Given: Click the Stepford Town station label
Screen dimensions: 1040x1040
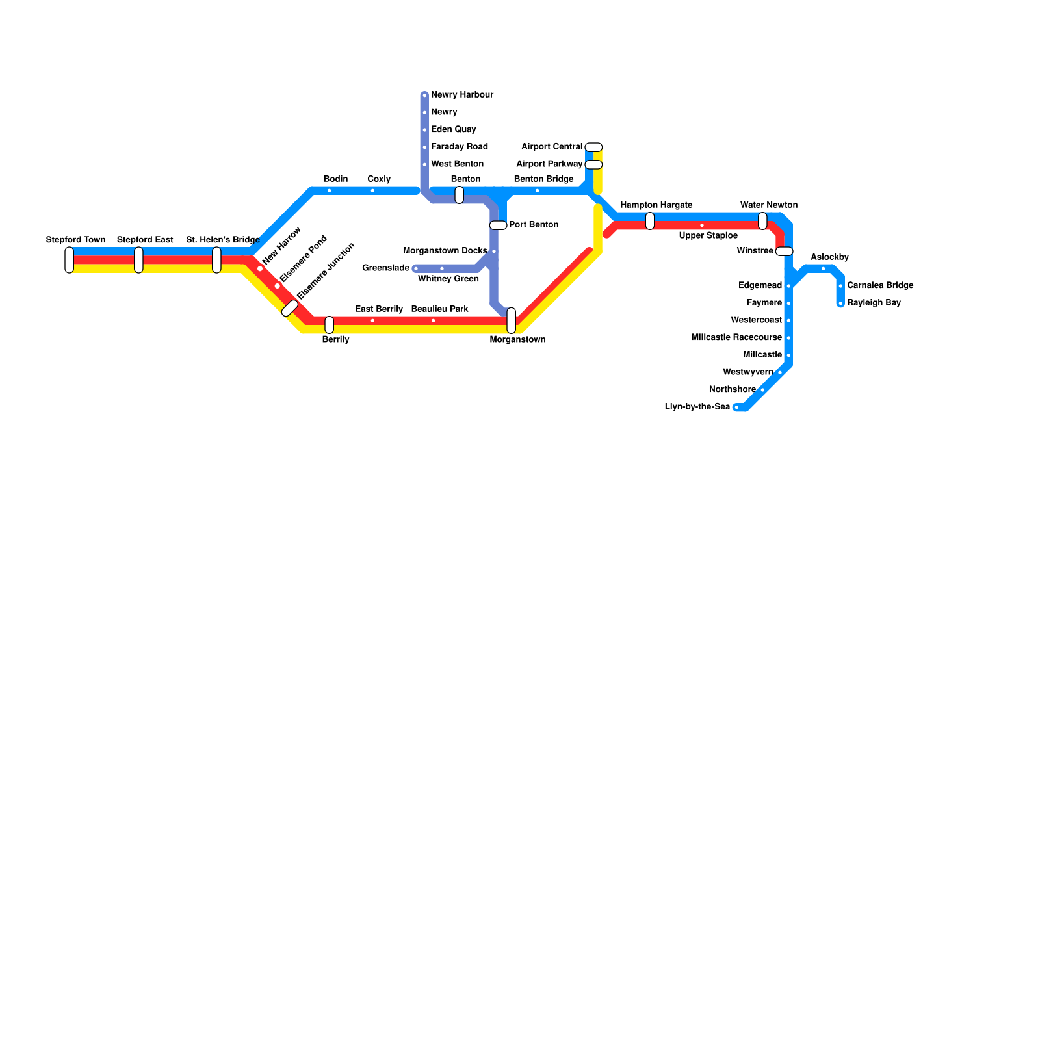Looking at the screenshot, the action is tap(75, 240).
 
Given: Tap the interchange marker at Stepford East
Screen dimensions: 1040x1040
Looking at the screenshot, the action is tap(138, 260).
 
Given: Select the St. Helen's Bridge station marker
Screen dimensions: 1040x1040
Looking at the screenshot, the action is tap(216, 260).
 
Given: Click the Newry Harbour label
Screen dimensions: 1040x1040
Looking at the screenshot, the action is tap(462, 95).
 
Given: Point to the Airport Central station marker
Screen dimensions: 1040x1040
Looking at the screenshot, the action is tap(593, 147).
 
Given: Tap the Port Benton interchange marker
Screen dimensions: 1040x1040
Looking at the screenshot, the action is tap(498, 226).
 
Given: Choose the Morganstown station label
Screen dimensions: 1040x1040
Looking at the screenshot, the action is tap(517, 340).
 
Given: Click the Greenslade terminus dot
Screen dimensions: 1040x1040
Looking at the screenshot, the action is tap(416, 268).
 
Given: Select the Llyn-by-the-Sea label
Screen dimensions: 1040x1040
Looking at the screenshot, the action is tap(697, 407).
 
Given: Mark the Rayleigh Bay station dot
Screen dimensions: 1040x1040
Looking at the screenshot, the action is tap(840, 304).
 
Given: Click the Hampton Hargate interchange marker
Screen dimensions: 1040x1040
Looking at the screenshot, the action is tap(650, 221).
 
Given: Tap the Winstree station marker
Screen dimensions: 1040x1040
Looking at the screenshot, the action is tap(785, 252).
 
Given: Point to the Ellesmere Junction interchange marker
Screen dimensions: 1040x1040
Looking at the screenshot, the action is tap(290, 309).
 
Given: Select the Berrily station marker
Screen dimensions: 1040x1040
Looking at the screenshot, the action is tap(330, 325).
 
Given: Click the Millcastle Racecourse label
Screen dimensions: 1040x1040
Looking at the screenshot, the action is tap(736, 337).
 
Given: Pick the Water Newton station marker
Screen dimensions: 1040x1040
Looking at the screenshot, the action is tap(762, 221).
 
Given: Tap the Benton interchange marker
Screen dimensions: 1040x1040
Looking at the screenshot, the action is tap(460, 195).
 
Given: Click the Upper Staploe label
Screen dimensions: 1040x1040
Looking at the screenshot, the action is tap(708, 235).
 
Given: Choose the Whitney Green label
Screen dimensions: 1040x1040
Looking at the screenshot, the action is tap(448, 279).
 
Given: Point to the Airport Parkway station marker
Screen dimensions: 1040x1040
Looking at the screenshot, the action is tap(593, 164).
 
